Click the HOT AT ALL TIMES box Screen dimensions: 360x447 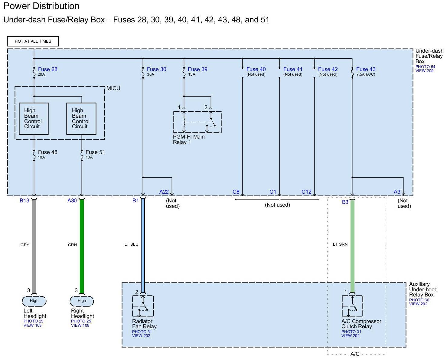[x=33, y=41]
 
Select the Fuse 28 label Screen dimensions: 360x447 [x=47, y=69]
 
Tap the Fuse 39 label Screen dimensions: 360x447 [x=197, y=69]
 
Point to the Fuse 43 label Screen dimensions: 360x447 [x=366, y=69]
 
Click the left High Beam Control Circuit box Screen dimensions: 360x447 [x=34, y=119]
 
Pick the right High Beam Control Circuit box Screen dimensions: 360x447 [x=81, y=119]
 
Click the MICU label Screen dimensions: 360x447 [x=113, y=88]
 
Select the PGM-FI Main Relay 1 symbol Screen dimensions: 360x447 [x=197, y=122]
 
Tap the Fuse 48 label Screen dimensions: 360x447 [x=47, y=152]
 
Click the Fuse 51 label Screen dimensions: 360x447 [x=95, y=152]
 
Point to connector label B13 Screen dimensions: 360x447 [x=24, y=201]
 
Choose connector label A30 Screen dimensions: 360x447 [x=72, y=201]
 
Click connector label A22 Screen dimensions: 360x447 [x=164, y=192]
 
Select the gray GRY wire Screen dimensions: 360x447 [x=34, y=245]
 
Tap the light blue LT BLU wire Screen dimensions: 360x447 [x=143, y=245]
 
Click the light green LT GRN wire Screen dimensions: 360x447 [x=352, y=245]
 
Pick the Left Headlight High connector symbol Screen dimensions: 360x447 [x=34, y=301]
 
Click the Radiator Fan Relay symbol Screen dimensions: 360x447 [x=143, y=306]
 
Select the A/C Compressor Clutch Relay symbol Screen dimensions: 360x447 [x=352, y=306]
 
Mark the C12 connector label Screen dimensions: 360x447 [x=306, y=192]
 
